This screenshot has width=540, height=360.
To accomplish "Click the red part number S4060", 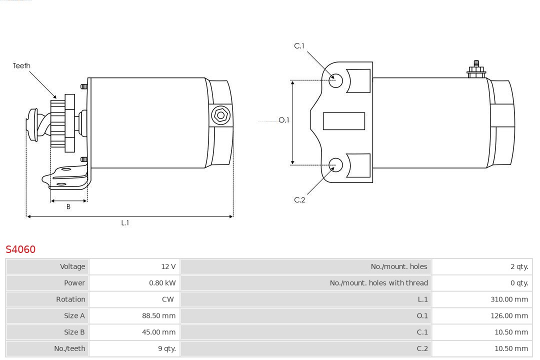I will tap(20, 249).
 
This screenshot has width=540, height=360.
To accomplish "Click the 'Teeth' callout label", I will tap(21, 65).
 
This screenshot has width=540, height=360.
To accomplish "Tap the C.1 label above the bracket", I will tap(299, 46).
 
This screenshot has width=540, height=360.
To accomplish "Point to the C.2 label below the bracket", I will tap(299, 200).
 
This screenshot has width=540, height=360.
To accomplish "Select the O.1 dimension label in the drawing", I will tap(283, 120).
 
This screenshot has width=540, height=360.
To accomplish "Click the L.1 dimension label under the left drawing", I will tap(125, 223).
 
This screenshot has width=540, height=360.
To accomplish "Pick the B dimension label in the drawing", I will tap(68, 206).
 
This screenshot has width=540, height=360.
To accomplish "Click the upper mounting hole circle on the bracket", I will tap(336, 80).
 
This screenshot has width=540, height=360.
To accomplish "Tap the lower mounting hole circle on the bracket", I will tap(336, 164).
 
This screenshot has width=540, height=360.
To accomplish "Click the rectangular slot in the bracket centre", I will tap(343, 121).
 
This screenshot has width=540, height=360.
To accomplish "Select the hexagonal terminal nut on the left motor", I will tap(220, 115).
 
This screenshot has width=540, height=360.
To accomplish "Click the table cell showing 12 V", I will tap(168, 266).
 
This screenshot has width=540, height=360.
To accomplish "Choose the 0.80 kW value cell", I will tap(162, 283).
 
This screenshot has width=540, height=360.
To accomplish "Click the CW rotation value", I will tap(168, 299).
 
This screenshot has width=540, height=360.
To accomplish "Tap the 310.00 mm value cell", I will tap(509, 299).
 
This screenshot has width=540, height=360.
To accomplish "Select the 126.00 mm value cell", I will tap(509, 316).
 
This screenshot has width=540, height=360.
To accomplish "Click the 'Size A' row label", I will tap(74, 316).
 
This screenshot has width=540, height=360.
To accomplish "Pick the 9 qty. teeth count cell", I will tap(167, 349).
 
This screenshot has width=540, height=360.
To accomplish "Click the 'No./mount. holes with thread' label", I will tap(378, 283).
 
